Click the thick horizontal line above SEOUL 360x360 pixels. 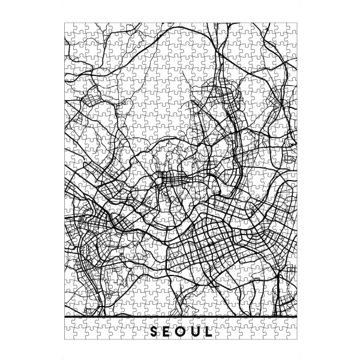click(x=180, y=316)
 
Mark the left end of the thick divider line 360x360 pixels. click(x=64, y=316)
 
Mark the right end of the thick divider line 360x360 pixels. click(x=296, y=316)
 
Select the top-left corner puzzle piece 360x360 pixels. click(x=68, y=27)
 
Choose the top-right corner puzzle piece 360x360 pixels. click(x=292, y=27)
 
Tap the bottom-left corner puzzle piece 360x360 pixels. click(x=68, y=334)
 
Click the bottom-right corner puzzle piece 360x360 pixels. click(x=292, y=334)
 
